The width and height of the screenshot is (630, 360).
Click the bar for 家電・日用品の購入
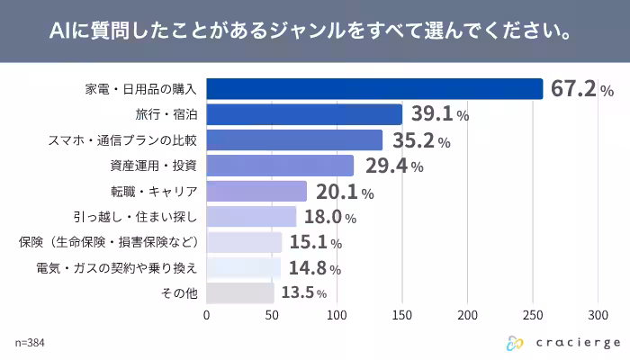coord(374,89)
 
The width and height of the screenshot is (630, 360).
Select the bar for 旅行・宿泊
coord(304,115)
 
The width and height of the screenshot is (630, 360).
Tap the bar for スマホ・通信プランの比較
coord(294,140)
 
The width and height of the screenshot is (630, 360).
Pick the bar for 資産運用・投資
coord(280,166)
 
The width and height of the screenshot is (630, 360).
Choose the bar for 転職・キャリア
coord(256,192)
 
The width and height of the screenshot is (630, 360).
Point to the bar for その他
coord(240,293)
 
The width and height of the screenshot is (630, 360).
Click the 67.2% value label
coord(582,89)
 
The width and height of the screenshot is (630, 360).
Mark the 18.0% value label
coord(330,217)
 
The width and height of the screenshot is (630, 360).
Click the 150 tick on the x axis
coord(402,315)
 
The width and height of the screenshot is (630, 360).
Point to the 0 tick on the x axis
coord(207,315)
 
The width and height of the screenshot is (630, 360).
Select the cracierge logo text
coord(571,343)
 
